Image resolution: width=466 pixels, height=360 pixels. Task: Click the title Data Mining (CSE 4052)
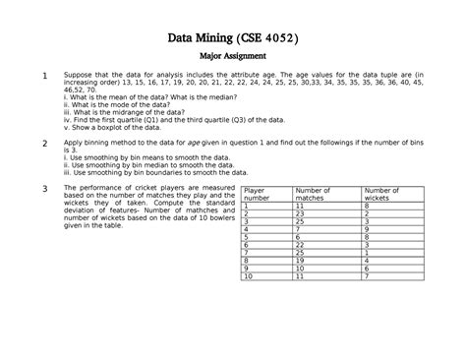(x=233, y=39)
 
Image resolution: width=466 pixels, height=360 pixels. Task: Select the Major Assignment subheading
(x=233, y=60)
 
